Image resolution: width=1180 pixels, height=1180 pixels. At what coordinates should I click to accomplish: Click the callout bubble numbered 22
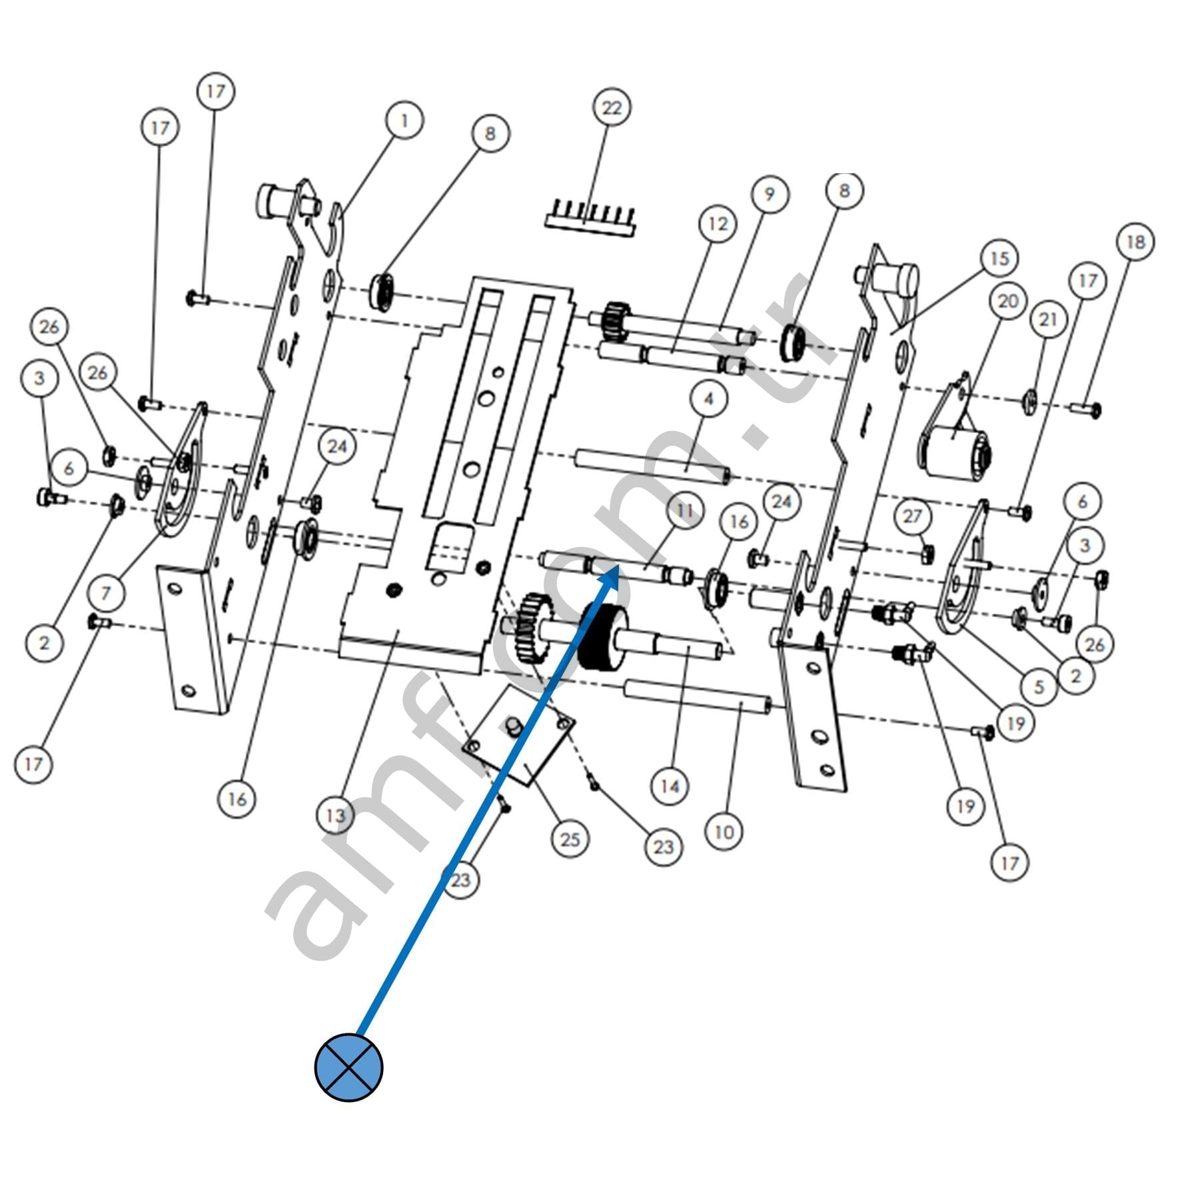click(x=612, y=108)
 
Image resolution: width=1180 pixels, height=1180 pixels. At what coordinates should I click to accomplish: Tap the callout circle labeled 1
click(x=404, y=121)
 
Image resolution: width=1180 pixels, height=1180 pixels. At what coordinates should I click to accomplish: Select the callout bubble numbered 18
click(x=1135, y=243)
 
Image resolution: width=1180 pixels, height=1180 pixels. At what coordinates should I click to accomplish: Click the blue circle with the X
click(x=348, y=1067)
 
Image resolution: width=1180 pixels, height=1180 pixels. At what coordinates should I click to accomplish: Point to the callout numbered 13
click(x=336, y=815)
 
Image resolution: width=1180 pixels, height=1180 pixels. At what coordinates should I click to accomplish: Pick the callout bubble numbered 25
click(x=570, y=840)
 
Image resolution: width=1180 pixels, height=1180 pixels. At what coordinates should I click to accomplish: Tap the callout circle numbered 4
click(x=708, y=398)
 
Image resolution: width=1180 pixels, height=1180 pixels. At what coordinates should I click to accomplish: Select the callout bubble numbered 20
click(x=1007, y=301)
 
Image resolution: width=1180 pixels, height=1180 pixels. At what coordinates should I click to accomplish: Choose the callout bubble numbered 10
click(x=724, y=832)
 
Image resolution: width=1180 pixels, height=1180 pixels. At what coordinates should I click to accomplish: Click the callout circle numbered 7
click(x=105, y=592)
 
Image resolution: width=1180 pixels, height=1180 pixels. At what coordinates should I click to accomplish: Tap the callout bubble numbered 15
click(x=999, y=259)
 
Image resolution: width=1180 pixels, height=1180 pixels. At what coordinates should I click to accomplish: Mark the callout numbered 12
click(x=718, y=224)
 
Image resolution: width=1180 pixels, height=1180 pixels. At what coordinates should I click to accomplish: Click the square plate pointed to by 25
click(x=520, y=733)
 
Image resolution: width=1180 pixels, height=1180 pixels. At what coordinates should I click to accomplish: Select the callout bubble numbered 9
click(x=770, y=194)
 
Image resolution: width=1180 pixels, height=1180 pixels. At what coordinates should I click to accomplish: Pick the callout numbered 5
click(x=1039, y=687)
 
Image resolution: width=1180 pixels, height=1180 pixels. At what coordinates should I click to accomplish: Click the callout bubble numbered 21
click(x=1048, y=320)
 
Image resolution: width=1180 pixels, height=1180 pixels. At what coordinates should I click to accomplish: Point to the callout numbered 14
click(x=669, y=787)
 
